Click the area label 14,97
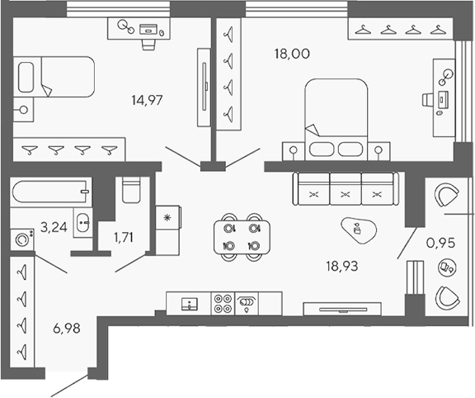146,101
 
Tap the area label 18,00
291,54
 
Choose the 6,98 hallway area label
56,329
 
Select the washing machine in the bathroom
22,240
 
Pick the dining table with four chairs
242,236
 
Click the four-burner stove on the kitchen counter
223,304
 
